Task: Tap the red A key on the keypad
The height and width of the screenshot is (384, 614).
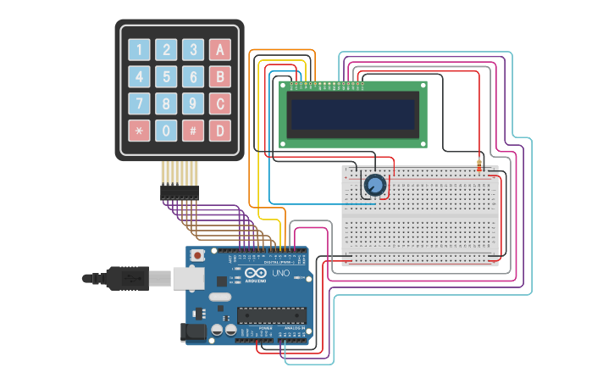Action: tap(220, 50)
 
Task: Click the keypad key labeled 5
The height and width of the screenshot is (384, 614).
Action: tap(167, 77)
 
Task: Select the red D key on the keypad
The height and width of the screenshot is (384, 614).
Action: tap(220, 131)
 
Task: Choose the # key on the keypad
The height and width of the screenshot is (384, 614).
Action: tap(193, 131)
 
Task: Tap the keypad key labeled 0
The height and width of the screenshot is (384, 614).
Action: tap(167, 131)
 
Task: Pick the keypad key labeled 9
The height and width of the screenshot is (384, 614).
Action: tap(193, 104)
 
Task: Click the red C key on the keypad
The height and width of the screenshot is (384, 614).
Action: tap(220, 104)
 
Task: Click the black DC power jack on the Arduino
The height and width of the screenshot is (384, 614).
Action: tap(196, 332)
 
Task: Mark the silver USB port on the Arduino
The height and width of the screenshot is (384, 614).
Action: tap(189, 278)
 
